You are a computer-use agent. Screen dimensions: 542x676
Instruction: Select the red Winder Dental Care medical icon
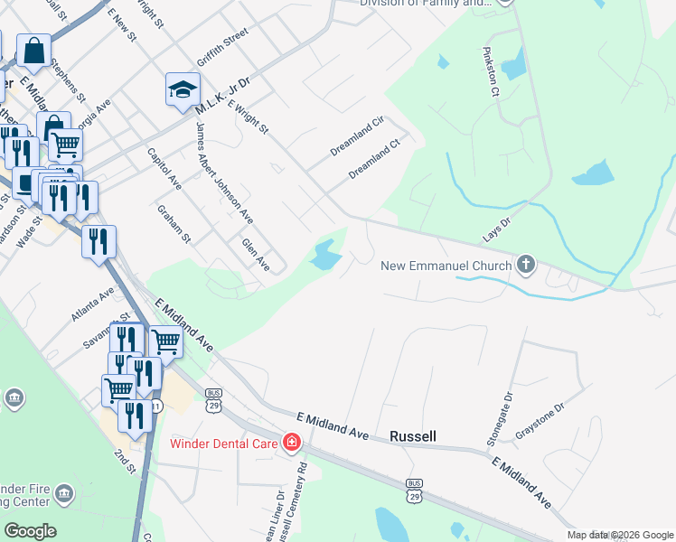point(292,443)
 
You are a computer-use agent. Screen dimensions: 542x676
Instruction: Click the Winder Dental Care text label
point(225,444)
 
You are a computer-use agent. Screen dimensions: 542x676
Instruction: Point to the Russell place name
point(413,436)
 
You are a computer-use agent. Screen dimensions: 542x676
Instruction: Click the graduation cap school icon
point(182,89)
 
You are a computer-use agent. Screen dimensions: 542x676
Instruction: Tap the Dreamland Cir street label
point(357,133)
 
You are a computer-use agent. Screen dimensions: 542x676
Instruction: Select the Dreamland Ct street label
point(374,158)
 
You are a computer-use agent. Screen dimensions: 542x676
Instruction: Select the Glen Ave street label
point(256,255)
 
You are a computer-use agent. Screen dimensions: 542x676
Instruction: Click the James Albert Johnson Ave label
point(224,172)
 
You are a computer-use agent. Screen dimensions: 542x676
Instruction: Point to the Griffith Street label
point(222,47)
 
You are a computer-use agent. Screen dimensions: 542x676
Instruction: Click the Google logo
point(30,531)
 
